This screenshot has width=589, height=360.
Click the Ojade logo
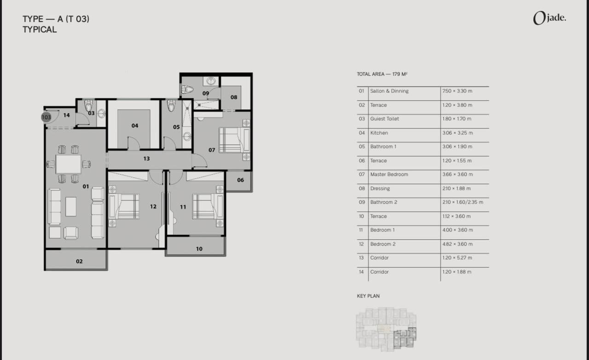click(x=549, y=18)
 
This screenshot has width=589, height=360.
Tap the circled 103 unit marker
click(x=46, y=117)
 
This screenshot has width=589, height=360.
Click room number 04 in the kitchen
click(x=135, y=126)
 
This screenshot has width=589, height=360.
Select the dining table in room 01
click(x=69, y=164)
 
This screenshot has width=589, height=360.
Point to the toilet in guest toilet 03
click(x=89, y=105)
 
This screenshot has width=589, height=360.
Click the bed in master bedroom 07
click(x=234, y=140)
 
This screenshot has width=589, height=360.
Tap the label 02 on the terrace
click(x=79, y=261)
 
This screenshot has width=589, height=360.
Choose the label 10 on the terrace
click(x=199, y=249)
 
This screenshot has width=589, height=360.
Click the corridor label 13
click(x=146, y=159)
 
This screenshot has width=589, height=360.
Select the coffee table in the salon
click(x=71, y=206)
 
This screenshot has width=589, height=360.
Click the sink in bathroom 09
click(x=211, y=81)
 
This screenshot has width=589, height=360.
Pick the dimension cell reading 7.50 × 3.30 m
click(x=457, y=91)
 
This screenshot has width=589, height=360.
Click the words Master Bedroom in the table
click(x=389, y=174)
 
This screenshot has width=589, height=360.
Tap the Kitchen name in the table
click(x=379, y=133)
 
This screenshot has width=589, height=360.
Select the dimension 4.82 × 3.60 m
click(x=457, y=244)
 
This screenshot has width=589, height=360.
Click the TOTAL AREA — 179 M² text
click(x=382, y=74)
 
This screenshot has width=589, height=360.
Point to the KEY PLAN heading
click(x=368, y=296)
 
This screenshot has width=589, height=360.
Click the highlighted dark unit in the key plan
click(x=405, y=338)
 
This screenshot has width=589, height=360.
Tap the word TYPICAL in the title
click(x=40, y=29)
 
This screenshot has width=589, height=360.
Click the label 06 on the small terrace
click(x=240, y=180)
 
